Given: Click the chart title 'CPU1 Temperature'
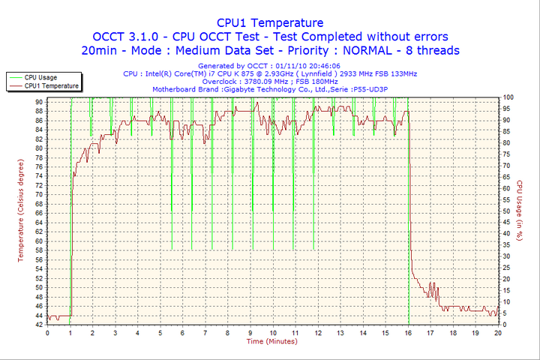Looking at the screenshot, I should point(270,22).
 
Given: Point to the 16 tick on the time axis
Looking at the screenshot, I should point(408,332).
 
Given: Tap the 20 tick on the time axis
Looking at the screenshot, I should point(498,332).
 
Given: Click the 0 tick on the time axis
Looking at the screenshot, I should point(47,332).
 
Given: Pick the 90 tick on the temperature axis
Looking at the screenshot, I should point(38,101).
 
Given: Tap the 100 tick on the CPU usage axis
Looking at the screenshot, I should point(508,97).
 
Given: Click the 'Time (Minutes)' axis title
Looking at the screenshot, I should point(272,341).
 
